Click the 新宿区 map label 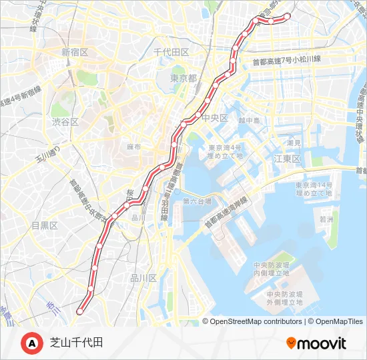tap(79, 52)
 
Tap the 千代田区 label tap(171, 52)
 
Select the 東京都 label tap(183, 78)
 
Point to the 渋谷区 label tap(65, 122)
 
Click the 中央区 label tap(215, 118)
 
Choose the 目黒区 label tap(45, 225)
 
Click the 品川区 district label tap(143, 278)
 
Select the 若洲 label tap(326, 219)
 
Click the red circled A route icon tap(32, 343)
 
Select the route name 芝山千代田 tap(76, 343)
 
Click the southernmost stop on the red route tap(80, 311)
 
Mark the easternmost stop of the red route tap(288, 15)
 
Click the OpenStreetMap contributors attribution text tap(256, 321)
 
